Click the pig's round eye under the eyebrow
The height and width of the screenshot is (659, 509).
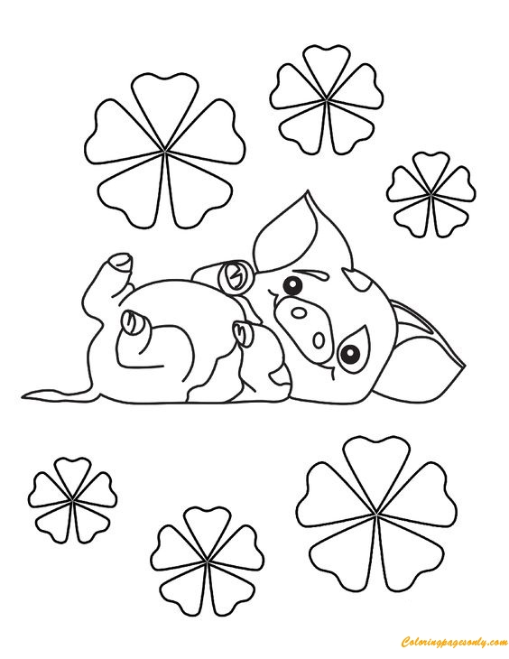pos(291,287)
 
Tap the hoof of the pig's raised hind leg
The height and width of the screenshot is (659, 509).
pos(118,261)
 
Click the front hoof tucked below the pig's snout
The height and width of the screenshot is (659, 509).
pos(245,335)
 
